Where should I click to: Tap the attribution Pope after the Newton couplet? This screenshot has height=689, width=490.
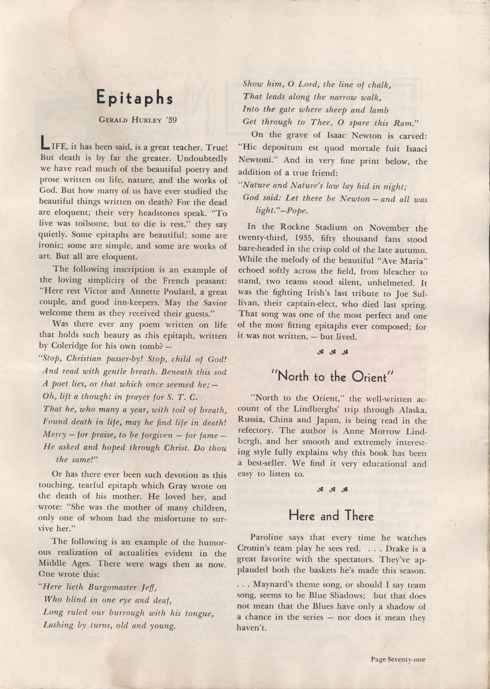point(298,211)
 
